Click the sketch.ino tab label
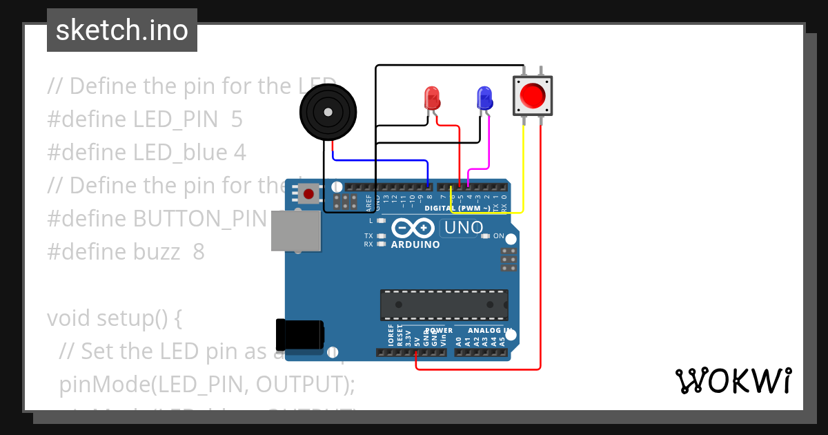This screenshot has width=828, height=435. [121, 30]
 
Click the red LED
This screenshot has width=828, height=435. [432, 97]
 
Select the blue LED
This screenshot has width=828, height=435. [484, 97]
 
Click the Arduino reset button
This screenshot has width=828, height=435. [308, 194]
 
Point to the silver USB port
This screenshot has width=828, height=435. [295, 231]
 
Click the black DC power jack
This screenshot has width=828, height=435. [298, 334]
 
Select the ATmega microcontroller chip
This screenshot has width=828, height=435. [444, 304]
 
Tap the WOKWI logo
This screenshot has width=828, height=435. [733, 381]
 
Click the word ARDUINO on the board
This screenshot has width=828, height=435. [415, 244]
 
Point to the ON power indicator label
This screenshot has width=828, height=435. [498, 236]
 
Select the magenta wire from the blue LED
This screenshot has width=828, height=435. [489, 145]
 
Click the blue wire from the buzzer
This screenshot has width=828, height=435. [379, 160]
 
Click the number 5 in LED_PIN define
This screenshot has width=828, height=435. [237, 119]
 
